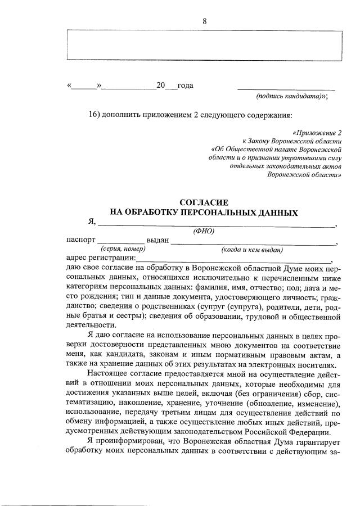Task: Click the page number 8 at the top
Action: coord(205,21)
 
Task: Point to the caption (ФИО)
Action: coord(204,231)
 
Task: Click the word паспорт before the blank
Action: coord(80,240)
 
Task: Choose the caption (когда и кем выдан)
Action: coord(251,249)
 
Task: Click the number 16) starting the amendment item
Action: coord(94,115)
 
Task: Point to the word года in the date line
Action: coord(185,86)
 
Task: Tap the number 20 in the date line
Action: coord(161,86)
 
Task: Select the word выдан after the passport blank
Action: coord(157,240)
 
